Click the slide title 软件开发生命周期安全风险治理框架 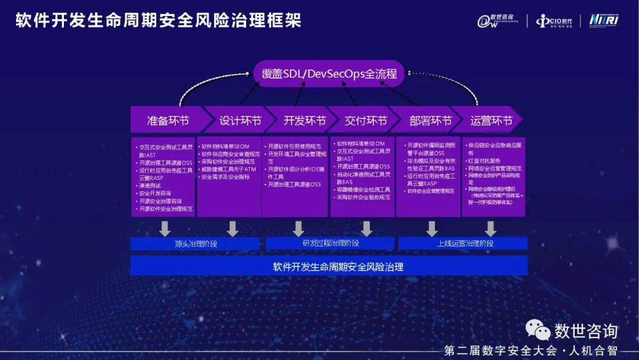(x=158, y=21)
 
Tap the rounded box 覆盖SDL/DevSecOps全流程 (x=329, y=75)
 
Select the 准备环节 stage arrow (x=167, y=120)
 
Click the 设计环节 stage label (x=240, y=120)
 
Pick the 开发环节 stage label (x=304, y=120)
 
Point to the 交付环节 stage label (x=366, y=120)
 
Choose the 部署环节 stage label (x=430, y=120)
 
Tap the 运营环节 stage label (x=491, y=120)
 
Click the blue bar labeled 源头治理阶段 (x=196, y=243)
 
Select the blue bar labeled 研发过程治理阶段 (x=330, y=243)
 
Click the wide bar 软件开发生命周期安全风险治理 (x=329, y=266)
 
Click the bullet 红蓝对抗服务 (x=483, y=160)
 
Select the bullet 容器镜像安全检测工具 (x=363, y=189)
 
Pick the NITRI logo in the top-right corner (x=603, y=20)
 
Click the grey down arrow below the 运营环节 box (x=490, y=228)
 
